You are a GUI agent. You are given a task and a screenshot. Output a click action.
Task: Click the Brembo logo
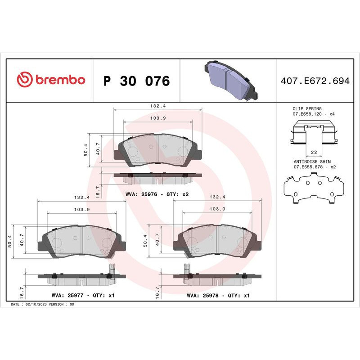coord(51,80)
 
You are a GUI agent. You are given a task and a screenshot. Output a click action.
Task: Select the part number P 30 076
coord(136,81)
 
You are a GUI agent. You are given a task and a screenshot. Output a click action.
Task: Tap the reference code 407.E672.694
coord(315,81)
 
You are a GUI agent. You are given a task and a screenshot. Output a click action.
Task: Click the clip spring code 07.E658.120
coord(308,114)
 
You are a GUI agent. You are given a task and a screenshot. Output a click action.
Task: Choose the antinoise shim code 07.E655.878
coord(308,166)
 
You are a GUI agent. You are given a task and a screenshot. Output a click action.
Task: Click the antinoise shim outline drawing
coord(313,189)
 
